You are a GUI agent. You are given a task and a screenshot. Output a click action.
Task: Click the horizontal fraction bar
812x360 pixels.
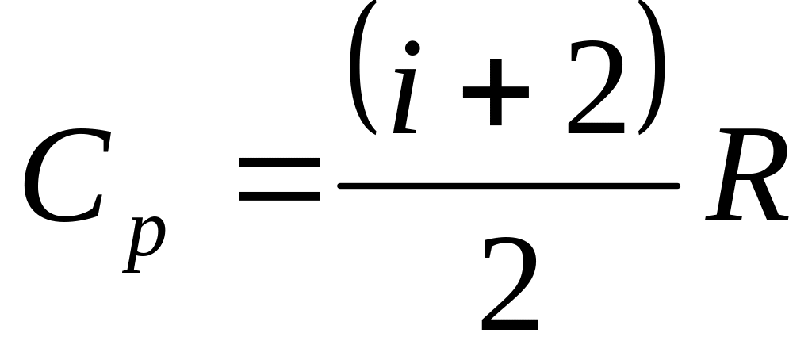[507, 186]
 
